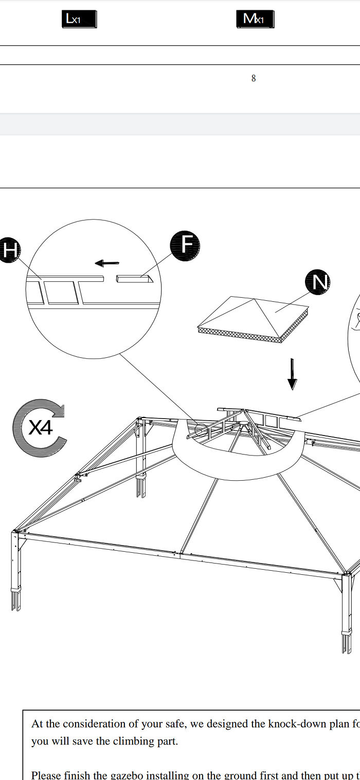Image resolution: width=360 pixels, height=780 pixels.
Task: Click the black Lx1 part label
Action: click(x=79, y=19)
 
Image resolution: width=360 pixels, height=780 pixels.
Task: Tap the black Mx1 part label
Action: click(x=255, y=19)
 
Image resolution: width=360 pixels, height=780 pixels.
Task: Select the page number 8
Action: click(x=254, y=79)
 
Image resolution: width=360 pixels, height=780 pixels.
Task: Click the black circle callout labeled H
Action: click(x=9, y=250)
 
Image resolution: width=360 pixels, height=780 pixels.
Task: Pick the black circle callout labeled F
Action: click(x=185, y=245)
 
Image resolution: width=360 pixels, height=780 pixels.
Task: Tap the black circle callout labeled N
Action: click(x=317, y=282)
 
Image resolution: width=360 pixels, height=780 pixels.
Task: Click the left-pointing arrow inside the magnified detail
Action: click(x=107, y=263)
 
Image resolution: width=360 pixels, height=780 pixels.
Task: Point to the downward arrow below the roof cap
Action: click(x=292, y=374)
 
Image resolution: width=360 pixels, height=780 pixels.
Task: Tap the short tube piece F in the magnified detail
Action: click(x=135, y=279)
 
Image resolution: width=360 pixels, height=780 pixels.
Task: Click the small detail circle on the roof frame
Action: click(x=201, y=429)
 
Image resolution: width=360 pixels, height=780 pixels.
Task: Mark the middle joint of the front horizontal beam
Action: click(x=182, y=554)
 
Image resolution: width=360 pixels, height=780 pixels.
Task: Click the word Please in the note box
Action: click(x=45, y=775)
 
